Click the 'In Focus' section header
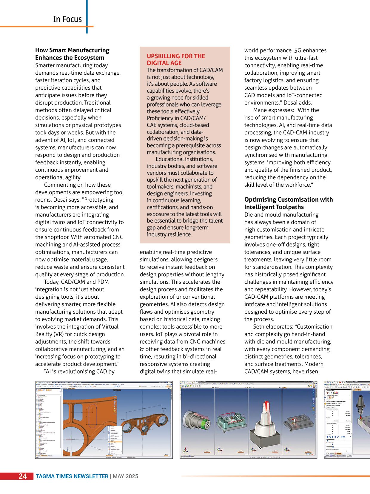point(67,19)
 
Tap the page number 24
point(23,476)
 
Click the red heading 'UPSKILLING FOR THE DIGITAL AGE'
point(176,59)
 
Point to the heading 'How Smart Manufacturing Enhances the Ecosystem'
point(72,54)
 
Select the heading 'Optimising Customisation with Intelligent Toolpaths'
point(288,203)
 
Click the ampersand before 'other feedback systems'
point(142,349)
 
